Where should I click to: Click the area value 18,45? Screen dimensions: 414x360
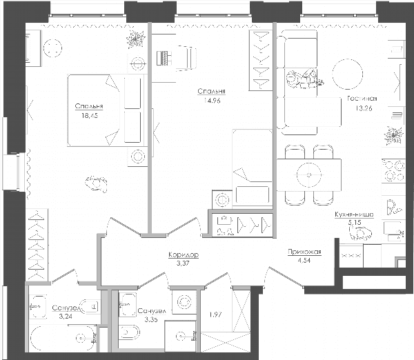(x=90, y=116)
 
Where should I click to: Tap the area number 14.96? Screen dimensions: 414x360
(x=212, y=101)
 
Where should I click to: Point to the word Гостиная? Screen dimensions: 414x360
(x=362, y=99)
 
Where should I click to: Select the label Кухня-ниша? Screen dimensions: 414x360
(x=354, y=214)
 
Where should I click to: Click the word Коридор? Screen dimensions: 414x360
(x=184, y=254)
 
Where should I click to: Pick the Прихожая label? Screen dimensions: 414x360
(x=304, y=252)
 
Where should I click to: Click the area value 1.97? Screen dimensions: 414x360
(x=215, y=314)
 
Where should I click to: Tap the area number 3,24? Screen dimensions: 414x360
(x=66, y=316)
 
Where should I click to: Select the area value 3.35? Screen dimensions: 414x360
(x=151, y=319)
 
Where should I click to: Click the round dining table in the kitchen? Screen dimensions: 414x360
(x=309, y=174)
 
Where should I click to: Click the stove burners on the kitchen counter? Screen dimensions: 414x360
(x=394, y=171)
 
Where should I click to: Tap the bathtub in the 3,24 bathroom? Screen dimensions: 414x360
(x=63, y=338)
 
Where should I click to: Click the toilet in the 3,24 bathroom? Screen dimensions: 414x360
(x=90, y=306)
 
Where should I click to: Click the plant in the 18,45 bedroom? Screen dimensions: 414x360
(x=135, y=39)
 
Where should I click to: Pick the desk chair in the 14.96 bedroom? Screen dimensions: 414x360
(x=187, y=58)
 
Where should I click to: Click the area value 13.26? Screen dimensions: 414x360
(x=364, y=108)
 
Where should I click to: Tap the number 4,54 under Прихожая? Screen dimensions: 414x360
(x=304, y=261)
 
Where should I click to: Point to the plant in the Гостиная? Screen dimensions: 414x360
(x=393, y=136)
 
